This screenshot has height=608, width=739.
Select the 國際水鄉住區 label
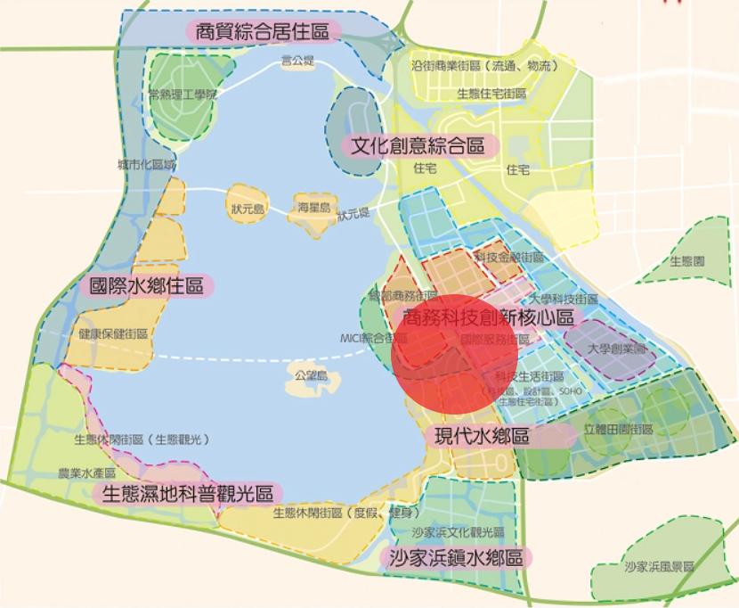[147, 286]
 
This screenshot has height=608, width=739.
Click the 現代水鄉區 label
[482, 437]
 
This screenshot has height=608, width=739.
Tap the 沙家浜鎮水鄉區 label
[455, 558]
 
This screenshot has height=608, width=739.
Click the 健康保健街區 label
[112, 333]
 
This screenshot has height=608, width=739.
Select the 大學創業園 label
[615, 349]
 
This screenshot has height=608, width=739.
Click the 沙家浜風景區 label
[658, 566]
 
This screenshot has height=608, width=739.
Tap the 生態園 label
[686, 261]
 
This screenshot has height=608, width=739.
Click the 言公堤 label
[297, 61]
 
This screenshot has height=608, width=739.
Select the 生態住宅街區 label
[491, 92]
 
